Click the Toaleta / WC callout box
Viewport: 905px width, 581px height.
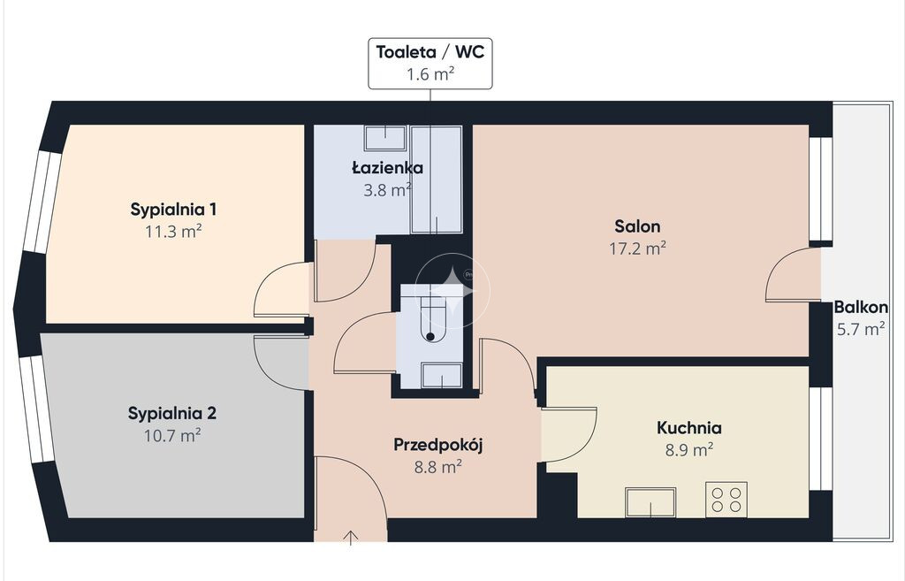(430, 64)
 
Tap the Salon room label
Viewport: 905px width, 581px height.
(637, 226)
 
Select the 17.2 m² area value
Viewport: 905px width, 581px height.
(638, 248)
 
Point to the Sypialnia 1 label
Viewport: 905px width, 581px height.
(173, 209)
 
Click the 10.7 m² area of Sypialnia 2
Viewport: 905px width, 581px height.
(172, 435)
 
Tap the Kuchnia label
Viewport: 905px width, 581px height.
(689, 428)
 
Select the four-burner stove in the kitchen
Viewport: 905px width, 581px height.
(726, 500)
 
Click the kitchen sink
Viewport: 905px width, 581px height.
(651, 502)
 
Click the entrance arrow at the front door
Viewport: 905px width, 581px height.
(350, 538)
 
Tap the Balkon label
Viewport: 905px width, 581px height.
(861, 307)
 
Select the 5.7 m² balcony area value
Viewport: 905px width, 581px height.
(861, 329)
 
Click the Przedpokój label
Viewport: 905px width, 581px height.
(438, 445)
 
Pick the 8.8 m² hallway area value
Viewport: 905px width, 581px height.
(437, 467)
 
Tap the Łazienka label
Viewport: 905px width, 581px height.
(387, 168)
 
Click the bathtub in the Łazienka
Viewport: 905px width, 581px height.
(437, 180)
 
